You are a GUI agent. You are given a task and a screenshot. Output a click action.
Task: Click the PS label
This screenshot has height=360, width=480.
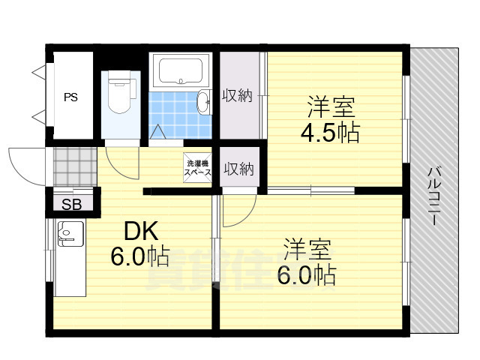click(x=70, y=97)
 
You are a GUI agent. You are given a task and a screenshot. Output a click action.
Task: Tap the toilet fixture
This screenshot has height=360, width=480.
click(x=119, y=94)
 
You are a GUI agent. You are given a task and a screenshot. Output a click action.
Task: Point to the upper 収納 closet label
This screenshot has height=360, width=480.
click(x=238, y=95)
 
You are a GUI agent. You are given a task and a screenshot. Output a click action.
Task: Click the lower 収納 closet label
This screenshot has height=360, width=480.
click(x=238, y=169)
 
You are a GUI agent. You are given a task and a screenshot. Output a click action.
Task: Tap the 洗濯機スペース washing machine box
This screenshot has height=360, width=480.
click(x=198, y=167)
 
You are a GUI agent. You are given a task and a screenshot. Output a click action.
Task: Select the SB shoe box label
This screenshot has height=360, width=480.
click(x=72, y=205)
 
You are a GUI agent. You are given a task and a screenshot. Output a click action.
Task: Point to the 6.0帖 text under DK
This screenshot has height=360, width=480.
click(x=139, y=256)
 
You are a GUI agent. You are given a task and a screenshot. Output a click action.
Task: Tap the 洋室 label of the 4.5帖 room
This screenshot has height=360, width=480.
click(x=330, y=105)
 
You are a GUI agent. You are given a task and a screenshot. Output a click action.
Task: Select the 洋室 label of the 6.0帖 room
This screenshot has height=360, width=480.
click(x=307, y=248)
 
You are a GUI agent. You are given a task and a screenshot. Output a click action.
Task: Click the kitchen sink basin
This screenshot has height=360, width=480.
click(x=70, y=235)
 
